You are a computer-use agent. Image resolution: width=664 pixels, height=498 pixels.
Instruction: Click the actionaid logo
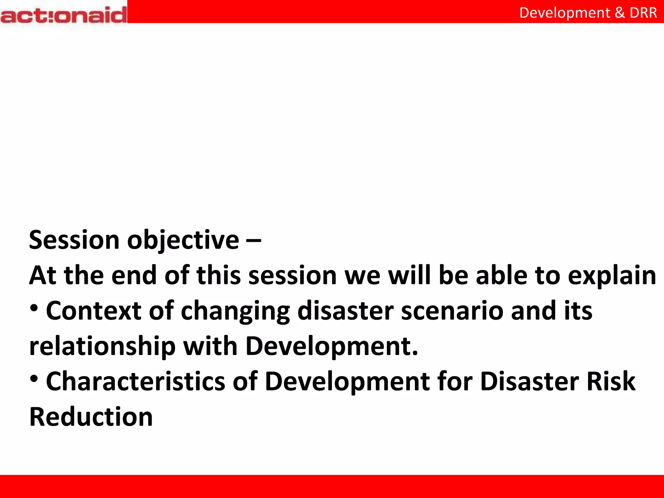click(64, 15)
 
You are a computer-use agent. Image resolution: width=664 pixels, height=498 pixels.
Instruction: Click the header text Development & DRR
click(588, 13)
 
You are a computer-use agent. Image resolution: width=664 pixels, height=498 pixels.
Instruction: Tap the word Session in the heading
click(74, 240)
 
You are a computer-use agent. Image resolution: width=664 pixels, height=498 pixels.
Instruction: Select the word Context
click(94, 311)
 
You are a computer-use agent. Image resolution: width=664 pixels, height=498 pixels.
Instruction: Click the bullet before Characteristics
click(34, 378)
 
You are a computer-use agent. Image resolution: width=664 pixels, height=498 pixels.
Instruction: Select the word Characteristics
click(135, 382)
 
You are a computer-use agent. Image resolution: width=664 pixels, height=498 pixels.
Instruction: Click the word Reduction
click(91, 417)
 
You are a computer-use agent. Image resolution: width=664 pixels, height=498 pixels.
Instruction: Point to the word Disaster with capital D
click(529, 382)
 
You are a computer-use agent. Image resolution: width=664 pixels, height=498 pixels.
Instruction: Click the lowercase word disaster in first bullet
click(345, 311)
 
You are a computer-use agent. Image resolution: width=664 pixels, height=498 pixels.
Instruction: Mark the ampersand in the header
click(620, 13)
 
